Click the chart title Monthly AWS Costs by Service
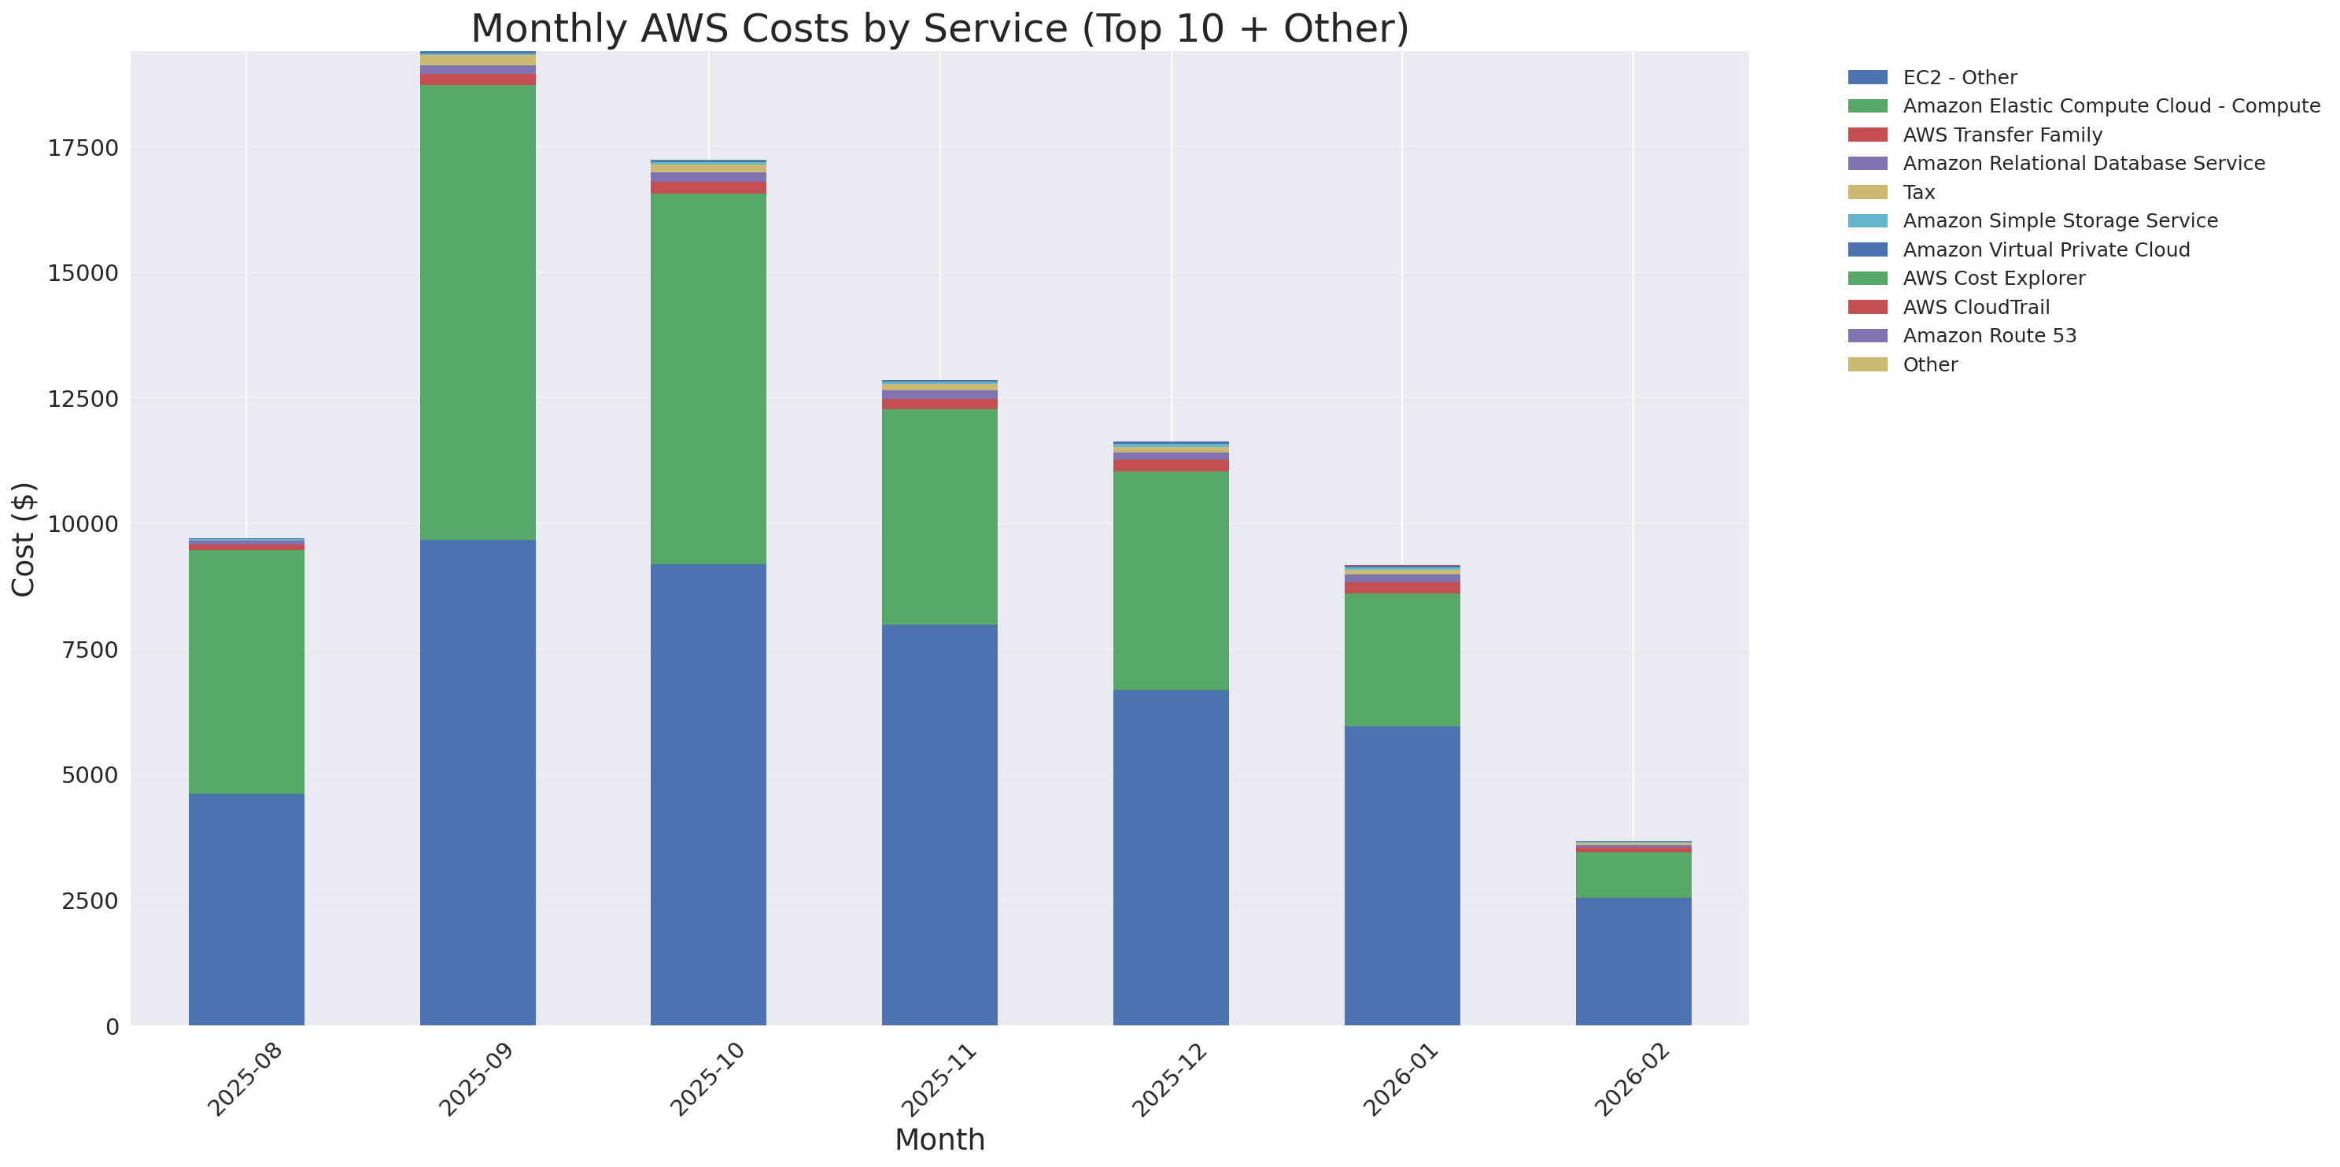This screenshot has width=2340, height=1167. [x=939, y=28]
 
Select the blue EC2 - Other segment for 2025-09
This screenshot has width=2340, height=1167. [x=477, y=782]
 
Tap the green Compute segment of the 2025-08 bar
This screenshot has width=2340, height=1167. [x=246, y=672]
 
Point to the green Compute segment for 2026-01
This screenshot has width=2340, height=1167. [x=1401, y=659]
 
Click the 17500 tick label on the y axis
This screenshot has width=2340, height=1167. [x=83, y=148]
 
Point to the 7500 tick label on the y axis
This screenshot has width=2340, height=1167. [x=88, y=650]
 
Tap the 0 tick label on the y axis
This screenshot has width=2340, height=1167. [x=112, y=1026]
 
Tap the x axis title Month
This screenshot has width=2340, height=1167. [x=939, y=1139]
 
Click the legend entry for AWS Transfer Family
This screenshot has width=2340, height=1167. [x=2002, y=135]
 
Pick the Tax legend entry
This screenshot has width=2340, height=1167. [x=1918, y=193]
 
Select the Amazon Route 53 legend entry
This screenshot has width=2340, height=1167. [x=1989, y=336]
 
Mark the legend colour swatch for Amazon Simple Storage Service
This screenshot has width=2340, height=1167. [x=1867, y=220]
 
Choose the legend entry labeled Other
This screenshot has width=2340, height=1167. [x=1929, y=365]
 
